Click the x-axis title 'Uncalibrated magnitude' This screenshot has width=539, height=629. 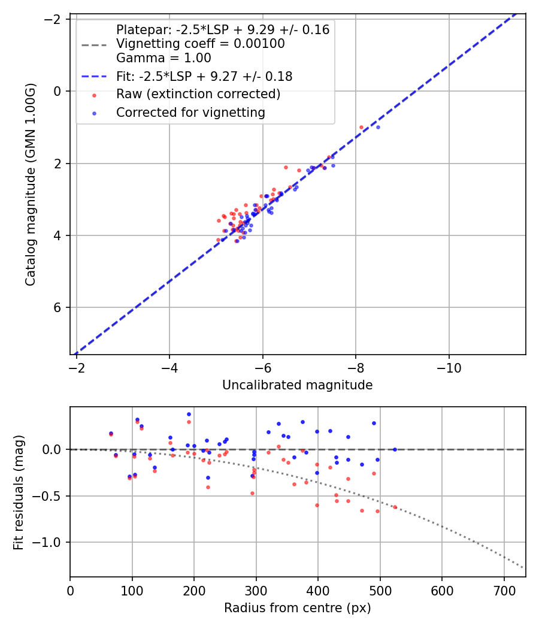tap(297, 385)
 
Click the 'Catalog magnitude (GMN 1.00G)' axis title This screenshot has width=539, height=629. tap(31, 185)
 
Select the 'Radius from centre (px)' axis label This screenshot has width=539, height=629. tap(297, 608)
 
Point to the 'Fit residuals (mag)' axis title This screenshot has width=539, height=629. tap(19, 492)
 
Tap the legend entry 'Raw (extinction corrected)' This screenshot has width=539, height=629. tap(198, 94)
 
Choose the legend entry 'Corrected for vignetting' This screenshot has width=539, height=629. tap(190, 112)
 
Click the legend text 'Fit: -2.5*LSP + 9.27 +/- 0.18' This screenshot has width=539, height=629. tap(204, 76)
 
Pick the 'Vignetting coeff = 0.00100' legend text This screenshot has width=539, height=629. tap(201, 44)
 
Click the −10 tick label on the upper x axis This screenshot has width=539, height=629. tap(449, 368)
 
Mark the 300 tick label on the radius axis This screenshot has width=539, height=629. tap(256, 590)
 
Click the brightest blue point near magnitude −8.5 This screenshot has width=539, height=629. tap(378, 127)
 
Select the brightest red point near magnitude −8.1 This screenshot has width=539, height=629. tap(361, 127)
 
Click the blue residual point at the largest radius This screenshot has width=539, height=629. tap(395, 449)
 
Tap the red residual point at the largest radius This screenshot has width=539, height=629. tap(395, 507)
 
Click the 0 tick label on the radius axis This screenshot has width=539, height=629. tap(70, 590)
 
